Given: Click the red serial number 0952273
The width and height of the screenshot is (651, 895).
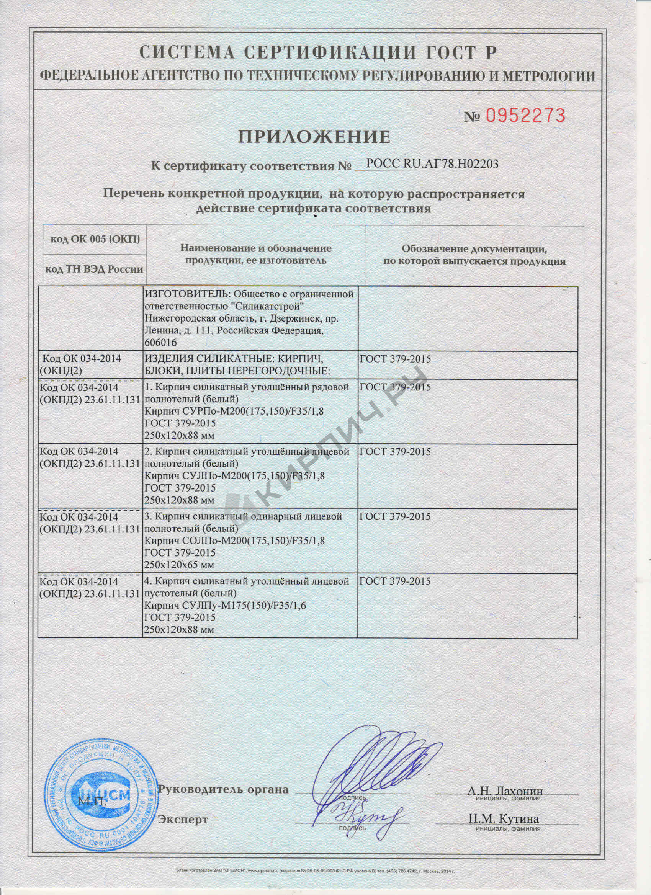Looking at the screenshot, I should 525,116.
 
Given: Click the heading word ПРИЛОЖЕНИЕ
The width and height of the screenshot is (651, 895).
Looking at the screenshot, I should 314,137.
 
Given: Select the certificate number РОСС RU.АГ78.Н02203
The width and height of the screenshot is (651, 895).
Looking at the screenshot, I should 432,163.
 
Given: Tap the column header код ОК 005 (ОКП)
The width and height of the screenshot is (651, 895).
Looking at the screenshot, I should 95,239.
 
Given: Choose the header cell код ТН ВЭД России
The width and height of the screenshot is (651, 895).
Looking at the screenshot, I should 94,269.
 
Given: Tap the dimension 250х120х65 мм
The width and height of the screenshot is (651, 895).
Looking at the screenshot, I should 180,565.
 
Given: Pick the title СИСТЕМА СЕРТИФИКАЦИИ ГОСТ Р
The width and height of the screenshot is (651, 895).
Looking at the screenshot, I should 318,52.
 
